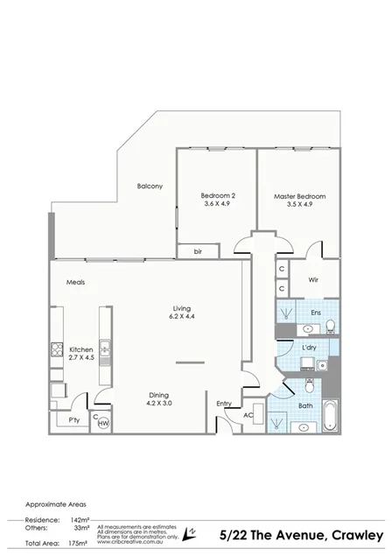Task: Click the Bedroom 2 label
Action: pyautogui.click(x=218, y=195)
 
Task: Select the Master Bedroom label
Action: pyautogui.click(x=299, y=196)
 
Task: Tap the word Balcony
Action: pyautogui.click(x=150, y=186)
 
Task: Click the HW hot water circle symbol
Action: pyautogui.click(x=103, y=423)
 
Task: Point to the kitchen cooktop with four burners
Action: pyautogui.click(x=59, y=350)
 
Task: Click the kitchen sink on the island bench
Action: pyautogui.click(x=104, y=350)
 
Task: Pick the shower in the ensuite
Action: pyautogui.click(x=286, y=312)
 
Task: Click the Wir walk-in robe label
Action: pyautogui.click(x=312, y=280)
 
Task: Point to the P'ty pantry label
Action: pyautogui.click(x=75, y=421)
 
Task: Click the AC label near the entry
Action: pyautogui.click(x=248, y=414)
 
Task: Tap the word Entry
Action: pyautogui.click(x=225, y=403)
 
